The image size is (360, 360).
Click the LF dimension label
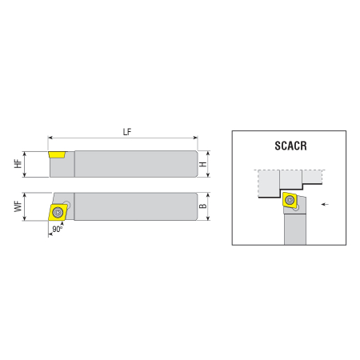[127, 132]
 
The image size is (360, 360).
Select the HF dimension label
[18, 164]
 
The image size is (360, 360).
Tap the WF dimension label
[18, 206]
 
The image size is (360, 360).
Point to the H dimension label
[203, 164]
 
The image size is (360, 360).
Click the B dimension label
[203, 206]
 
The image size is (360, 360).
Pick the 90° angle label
[58, 229]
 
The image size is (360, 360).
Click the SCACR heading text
[290, 146]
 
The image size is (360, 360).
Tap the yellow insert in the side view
[57, 154]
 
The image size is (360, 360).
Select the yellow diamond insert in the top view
[58, 213]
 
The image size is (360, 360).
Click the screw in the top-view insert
[58, 212]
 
